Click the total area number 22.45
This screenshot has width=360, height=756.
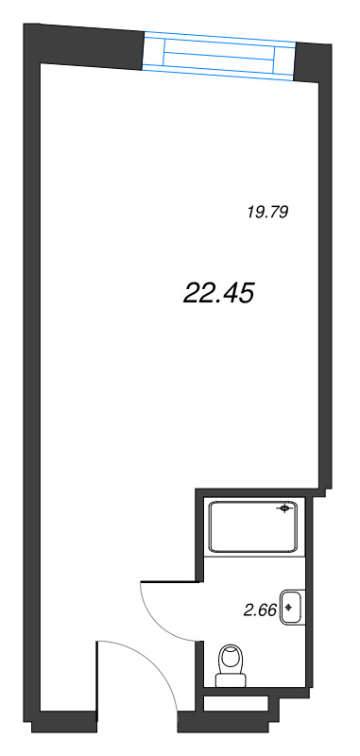click(x=218, y=295)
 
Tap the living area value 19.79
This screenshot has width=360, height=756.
click(x=266, y=212)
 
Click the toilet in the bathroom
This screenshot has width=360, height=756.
click(x=231, y=664)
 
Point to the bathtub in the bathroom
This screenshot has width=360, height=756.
click(x=252, y=526)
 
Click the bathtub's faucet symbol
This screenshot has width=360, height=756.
click(x=283, y=510)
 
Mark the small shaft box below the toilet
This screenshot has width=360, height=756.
click(x=241, y=703)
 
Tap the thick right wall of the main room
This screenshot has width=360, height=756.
click(x=324, y=283)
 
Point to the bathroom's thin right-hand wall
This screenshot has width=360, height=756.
click(x=310, y=605)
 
